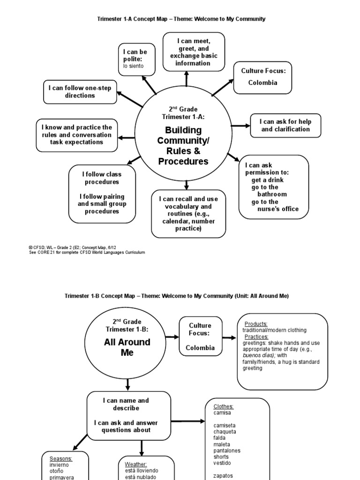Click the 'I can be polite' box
137,59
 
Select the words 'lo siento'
133,66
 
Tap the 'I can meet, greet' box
194,52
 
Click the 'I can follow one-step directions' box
80,92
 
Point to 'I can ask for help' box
285,125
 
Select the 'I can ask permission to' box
274,187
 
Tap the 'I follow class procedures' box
102,193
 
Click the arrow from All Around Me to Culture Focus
172,337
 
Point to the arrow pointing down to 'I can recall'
187,185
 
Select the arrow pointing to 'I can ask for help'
241,126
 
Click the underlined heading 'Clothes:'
224,406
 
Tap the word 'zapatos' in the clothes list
223,475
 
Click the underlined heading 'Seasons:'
61,458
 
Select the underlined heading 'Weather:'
136,464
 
